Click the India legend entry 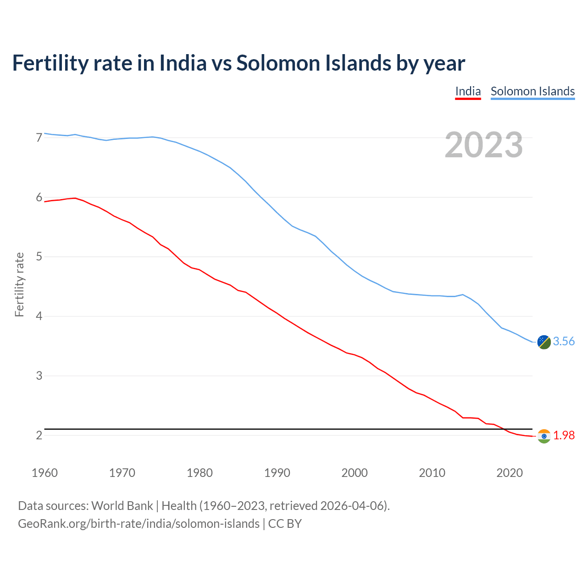pos(468,92)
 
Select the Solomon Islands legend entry pos(532,92)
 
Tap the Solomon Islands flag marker pos(544,342)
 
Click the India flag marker pos(544,436)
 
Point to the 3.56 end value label pos(564,342)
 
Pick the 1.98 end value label pos(564,436)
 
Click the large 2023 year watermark pos(484,145)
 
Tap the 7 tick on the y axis pos(39,138)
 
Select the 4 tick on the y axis pos(39,316)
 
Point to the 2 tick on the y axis pos(39,435)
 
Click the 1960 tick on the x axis pos(44,473)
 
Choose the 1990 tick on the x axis pos(277,473)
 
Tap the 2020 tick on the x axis pos(509,473)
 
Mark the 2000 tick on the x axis pos(354,473)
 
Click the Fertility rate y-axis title pos(19,284)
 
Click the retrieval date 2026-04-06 pos(352,506)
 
